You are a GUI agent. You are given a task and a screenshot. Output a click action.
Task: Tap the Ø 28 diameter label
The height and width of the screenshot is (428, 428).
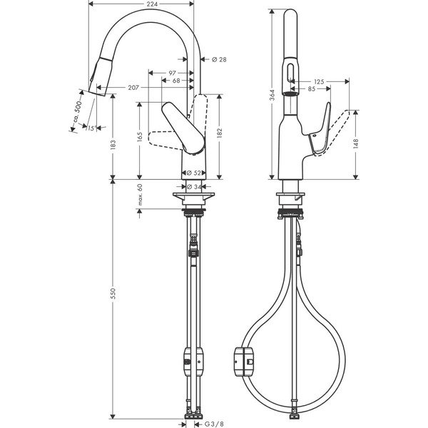[x=219, y=59]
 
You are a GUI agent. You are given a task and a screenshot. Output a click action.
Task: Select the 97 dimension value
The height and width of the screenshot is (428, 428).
[x=173, y=73]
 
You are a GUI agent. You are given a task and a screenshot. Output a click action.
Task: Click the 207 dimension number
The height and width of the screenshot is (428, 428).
[x=133, y=88]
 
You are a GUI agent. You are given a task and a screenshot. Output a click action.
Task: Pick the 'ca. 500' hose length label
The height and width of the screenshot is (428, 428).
[x=78, y=112]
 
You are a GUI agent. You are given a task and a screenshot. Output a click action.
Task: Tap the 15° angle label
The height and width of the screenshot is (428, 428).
[x=91, y=128]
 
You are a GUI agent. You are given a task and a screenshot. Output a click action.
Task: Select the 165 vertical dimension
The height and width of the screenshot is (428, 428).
[x=141, y=136]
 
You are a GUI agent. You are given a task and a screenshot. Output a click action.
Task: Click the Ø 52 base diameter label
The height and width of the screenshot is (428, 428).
[x=195, y=173]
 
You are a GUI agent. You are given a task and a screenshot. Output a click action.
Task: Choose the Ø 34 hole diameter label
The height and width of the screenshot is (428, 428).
[x=194, y=186]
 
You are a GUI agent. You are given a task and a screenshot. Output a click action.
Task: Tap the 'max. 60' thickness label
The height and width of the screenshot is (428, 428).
[x=141, y=197]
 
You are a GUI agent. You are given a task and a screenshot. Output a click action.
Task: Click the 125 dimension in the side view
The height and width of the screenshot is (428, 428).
[x=318, y=82]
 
